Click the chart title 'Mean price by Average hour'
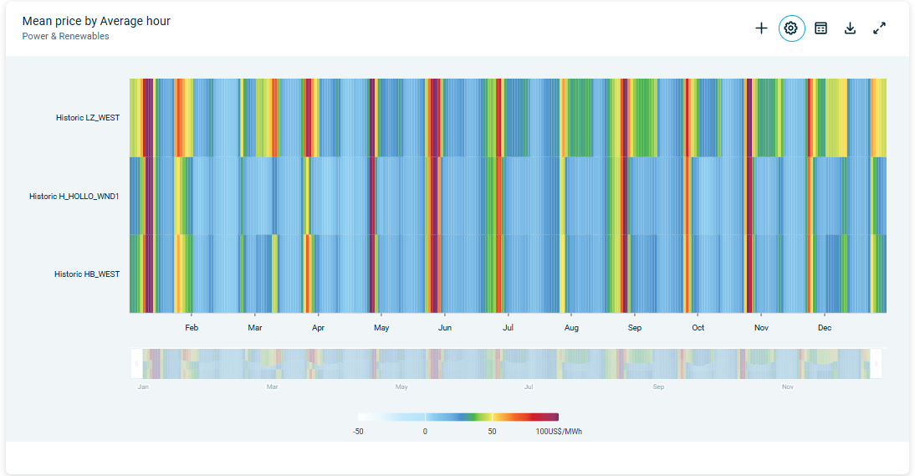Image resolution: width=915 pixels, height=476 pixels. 96,21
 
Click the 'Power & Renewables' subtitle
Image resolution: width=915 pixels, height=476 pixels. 65,36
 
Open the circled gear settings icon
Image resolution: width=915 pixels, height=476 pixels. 791,28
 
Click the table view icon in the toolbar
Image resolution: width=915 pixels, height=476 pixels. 821,28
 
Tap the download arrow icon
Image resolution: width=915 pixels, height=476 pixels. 850,28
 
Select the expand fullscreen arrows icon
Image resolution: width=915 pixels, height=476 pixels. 879,28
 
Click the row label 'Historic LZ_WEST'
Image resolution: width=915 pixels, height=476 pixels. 88,118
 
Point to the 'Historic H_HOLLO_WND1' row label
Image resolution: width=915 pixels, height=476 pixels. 74,197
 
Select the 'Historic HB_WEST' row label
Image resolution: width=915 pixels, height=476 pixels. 87,274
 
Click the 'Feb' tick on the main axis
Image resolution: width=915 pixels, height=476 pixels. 192,328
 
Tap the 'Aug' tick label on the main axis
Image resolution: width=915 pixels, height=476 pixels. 571,328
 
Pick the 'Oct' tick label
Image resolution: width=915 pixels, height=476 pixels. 698,328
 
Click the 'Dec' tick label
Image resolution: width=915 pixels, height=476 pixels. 825,328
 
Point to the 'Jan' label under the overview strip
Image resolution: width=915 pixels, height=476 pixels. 143,387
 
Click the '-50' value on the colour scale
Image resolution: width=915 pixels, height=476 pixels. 358,432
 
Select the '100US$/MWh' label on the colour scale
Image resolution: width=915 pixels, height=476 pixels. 559,432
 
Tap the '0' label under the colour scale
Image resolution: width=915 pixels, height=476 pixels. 425,432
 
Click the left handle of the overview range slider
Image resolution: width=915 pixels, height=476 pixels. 135,364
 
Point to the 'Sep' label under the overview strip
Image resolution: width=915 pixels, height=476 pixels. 659,387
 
